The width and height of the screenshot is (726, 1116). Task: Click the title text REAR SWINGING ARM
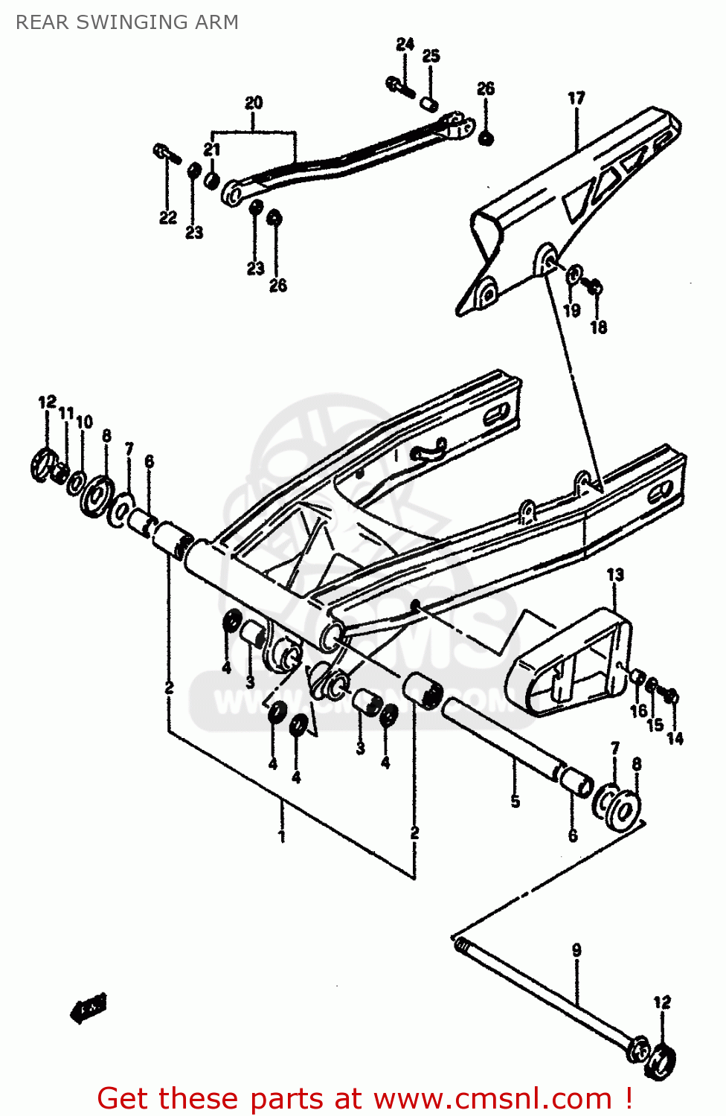[127, 22]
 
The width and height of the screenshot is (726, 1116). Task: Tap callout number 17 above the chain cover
[576, 98]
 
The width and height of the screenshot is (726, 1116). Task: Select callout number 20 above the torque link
[254, 103]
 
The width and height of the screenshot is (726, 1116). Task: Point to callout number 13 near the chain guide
[615, 575]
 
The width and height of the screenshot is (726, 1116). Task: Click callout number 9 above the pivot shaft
[576, 950]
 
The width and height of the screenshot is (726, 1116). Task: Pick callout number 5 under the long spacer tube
[515, 801]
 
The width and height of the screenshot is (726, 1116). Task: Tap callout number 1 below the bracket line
[281, 836]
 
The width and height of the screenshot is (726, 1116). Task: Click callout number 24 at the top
[405, 45]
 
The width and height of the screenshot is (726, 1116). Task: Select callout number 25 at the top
[431, 56]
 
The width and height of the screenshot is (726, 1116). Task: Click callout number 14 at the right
[675, 738]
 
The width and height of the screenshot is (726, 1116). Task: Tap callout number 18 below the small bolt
[599, 327]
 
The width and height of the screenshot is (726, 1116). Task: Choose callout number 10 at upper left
[85, 422]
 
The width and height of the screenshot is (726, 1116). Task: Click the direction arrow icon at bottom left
[89, 1009]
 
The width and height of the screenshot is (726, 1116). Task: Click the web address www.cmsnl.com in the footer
[492, 1099]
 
